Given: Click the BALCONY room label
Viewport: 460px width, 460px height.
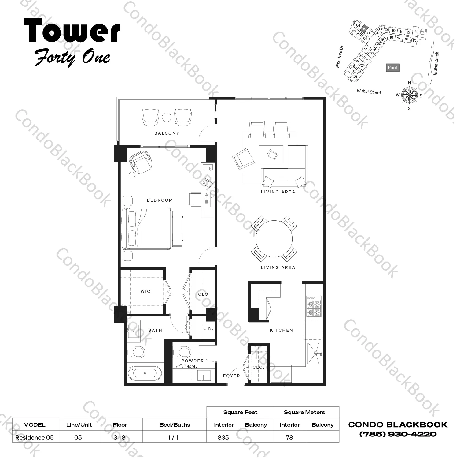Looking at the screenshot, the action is (x=167, y=133).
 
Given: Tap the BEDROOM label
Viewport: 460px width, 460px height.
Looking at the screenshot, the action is (x=160, y=200).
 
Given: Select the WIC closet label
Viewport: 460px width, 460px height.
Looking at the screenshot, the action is (x=145, y=291).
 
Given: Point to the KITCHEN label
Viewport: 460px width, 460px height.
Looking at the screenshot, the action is (x=281, y=330).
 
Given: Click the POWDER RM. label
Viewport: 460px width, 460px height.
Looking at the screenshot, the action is (x=193, y=363).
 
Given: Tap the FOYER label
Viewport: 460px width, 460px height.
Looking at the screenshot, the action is (x=231, y=376).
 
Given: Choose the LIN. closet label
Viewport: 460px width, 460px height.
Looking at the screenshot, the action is (x=208, y=328).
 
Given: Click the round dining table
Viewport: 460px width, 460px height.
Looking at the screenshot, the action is (x=274, y=239).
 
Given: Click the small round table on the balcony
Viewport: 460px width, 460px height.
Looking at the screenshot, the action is (x=167, y=117).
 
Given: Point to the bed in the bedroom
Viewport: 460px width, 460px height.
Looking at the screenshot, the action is (x=146, y=228).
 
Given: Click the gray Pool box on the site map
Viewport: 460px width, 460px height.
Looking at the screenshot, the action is (x=392, y=68).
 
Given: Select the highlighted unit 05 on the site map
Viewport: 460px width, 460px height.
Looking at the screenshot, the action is (x=363, y=28).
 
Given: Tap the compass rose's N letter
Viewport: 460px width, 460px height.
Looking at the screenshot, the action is (x=410, y=83).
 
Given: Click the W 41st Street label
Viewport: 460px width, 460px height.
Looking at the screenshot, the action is (x=369, y=92).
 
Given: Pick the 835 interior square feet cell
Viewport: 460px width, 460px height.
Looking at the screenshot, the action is (x=223, y=437).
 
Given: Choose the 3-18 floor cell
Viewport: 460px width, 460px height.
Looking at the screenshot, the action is (x=119, y=437).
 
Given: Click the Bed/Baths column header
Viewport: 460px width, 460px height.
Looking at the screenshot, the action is (x=175, y=425).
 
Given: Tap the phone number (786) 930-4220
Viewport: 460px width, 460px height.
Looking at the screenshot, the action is (x=398, y=434).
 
